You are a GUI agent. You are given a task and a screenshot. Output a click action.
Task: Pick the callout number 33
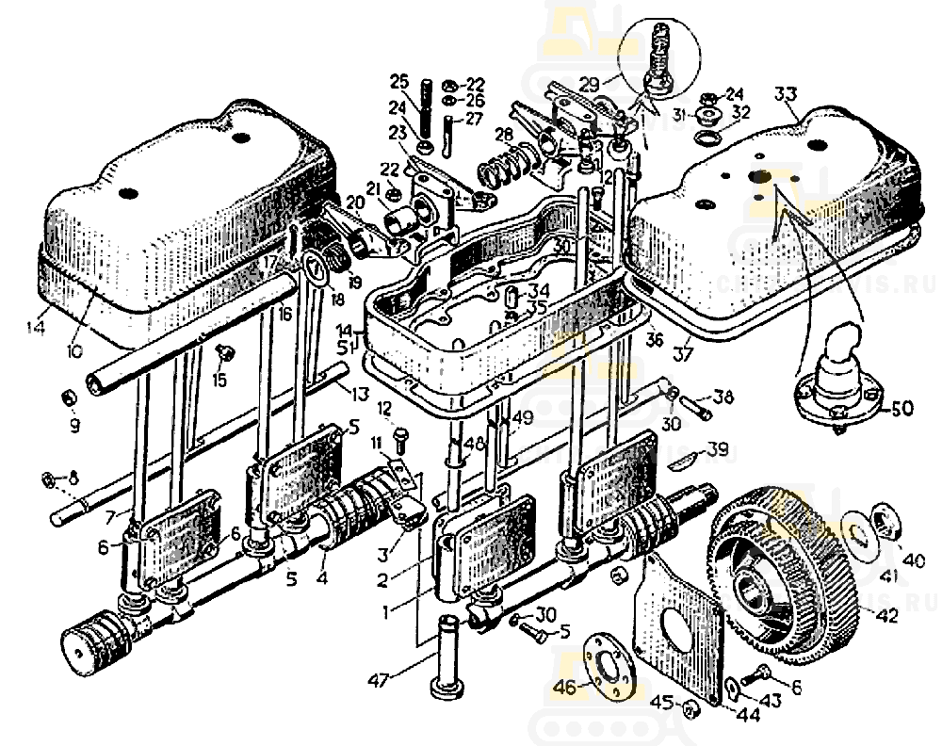pyautogui.click(x=786, y=95)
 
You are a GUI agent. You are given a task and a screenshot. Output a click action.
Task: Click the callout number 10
pyautogui.click(x=75, y=349)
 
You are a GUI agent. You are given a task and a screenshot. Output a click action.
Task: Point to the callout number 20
pyautogui.click(x=354, y=203)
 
